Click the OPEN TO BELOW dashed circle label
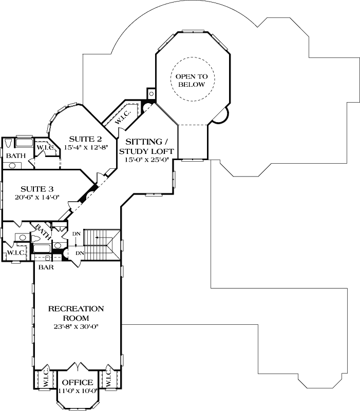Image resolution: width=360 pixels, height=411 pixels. [x=191, y=80]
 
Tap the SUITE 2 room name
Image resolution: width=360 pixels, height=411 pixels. [x=85, y=139]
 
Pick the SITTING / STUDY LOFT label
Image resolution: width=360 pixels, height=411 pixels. [x=147, y=147]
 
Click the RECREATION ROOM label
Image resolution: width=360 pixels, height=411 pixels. [x=76, y=313]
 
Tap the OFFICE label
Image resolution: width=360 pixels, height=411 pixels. [x=77, y=383]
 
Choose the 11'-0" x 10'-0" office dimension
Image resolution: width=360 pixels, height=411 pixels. [x=77, y=391]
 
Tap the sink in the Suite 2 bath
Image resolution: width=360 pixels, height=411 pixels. [x=11, y=165]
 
